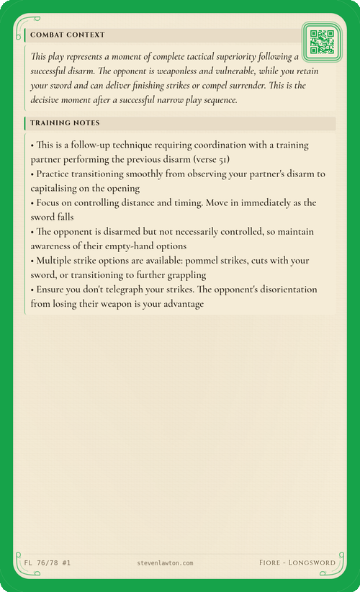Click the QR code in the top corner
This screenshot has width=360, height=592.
click(x=321, y=42)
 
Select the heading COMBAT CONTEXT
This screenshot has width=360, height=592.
click(x=67, y=35)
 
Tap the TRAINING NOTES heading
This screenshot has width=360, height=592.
click(x=65, y=123)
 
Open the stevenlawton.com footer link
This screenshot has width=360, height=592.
click(x=165, y=562)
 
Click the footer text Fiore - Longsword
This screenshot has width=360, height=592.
click(x=297, y=562)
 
